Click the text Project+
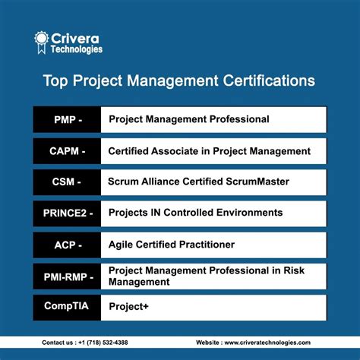pos(128,307)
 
